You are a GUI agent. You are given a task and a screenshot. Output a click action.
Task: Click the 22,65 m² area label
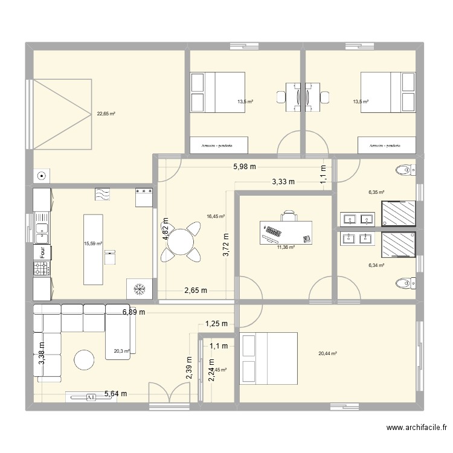click(106, 113)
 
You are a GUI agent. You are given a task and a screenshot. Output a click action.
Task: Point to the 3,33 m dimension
click(283, 181)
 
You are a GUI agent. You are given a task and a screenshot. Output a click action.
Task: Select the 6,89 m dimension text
click(134, 312)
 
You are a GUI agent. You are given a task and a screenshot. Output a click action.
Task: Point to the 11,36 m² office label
click(286, 247)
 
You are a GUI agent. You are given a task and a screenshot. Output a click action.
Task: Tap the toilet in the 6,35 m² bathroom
click(405, 170)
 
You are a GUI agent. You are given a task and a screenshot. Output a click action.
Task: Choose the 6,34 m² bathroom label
click(377, 265)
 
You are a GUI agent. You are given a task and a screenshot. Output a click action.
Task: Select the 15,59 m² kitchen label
click(93, 244)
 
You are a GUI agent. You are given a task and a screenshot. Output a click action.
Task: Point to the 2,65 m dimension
click(195, 291)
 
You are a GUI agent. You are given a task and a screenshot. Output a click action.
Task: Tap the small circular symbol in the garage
click(41, 176)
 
